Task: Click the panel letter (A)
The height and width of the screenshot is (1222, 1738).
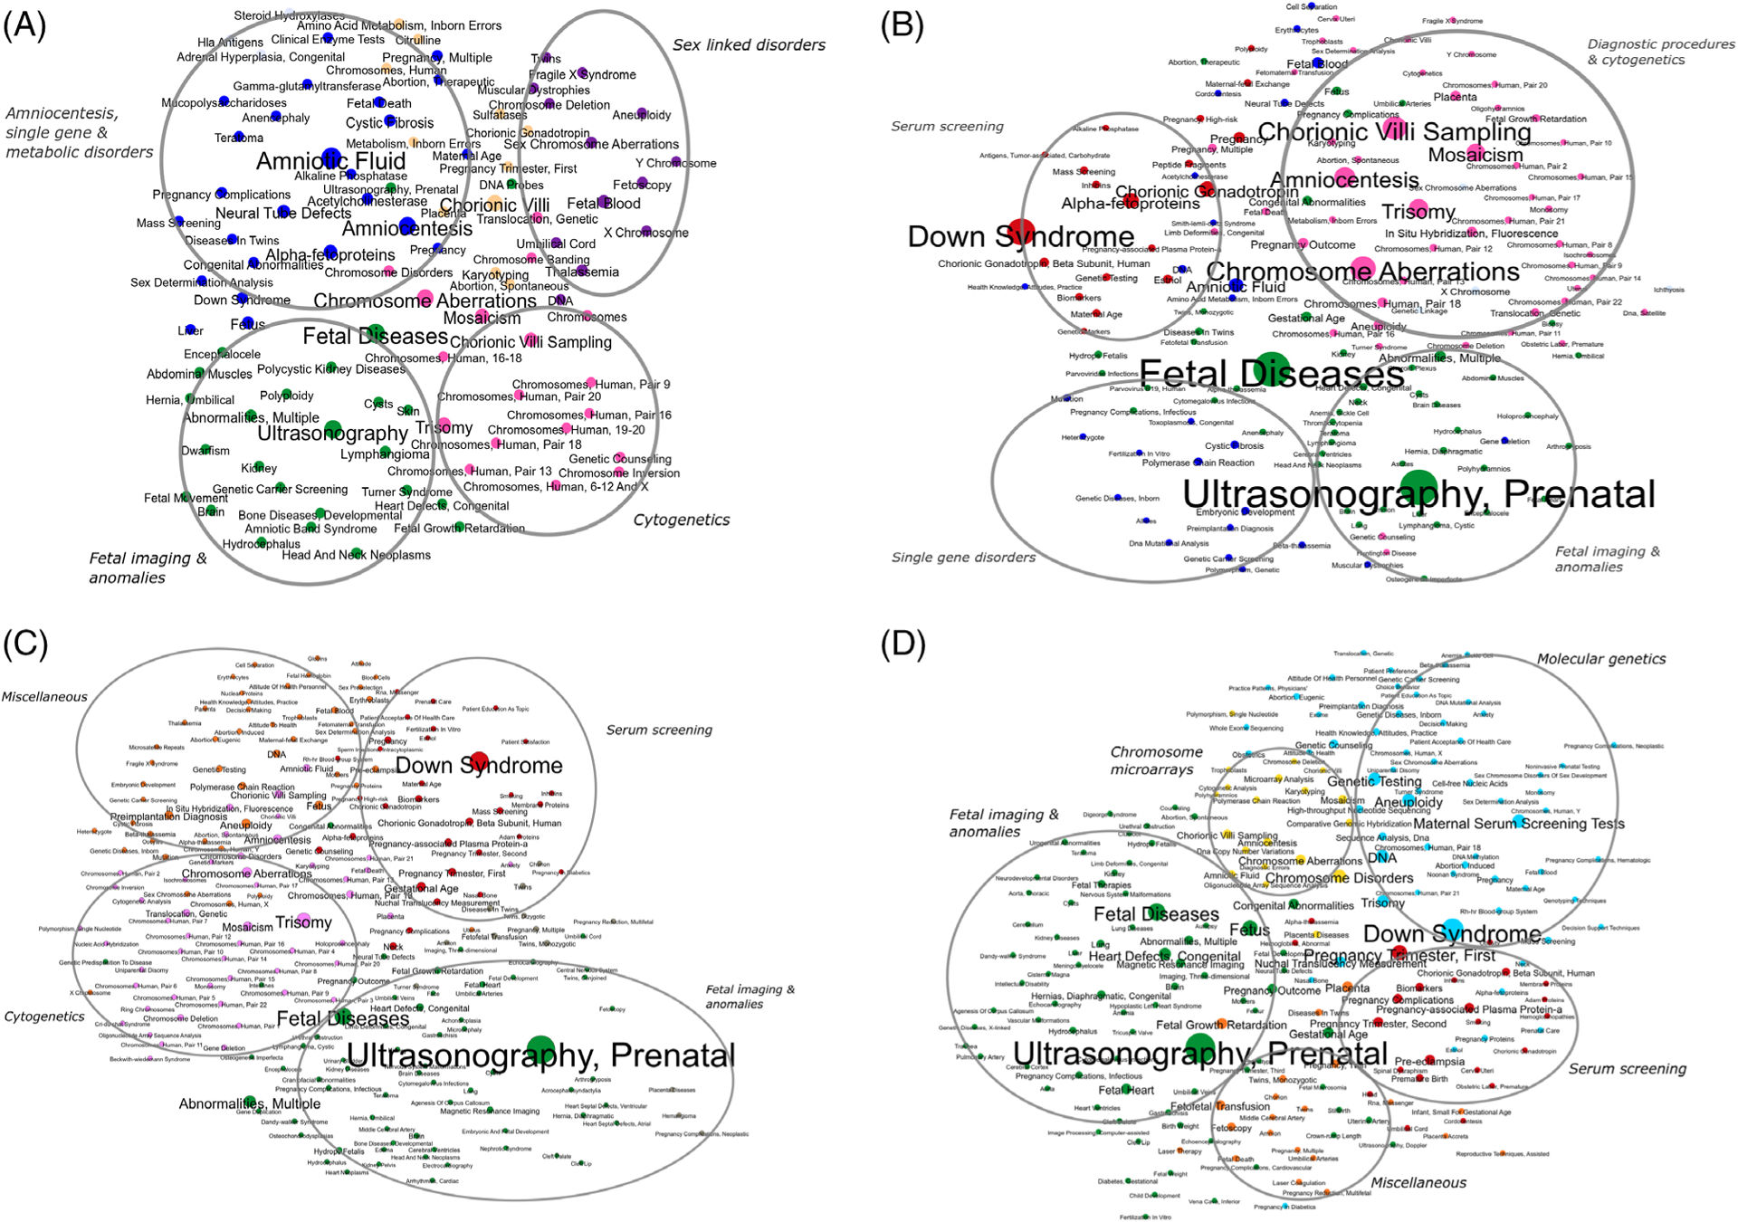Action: click(24, 26)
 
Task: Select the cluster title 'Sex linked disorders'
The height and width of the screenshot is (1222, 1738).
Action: click(749, 45)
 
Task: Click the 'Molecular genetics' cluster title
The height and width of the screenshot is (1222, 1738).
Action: click(1600, 659)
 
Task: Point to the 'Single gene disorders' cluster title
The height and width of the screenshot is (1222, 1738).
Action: click(963, 558)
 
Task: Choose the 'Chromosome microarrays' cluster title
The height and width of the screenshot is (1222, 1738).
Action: click(1156, 760)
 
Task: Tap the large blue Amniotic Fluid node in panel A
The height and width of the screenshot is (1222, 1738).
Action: click(331, 157)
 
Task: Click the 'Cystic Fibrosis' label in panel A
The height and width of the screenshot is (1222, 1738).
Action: click(389, 123)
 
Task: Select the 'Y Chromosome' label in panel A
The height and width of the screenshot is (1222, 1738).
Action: click(675, 163)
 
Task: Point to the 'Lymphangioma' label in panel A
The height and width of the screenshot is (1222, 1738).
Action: click(385, 453)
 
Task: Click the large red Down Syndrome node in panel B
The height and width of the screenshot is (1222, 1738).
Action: click(1021, 232)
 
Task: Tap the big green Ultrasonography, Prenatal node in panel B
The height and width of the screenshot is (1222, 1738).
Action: click(1418, 487)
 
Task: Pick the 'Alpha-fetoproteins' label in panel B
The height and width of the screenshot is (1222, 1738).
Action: click(1130, 204)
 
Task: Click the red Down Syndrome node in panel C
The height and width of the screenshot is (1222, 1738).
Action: click(479, 762)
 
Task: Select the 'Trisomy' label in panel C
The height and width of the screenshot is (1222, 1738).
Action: click(304, 922)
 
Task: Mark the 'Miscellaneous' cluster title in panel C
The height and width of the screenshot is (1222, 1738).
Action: click(43, 697)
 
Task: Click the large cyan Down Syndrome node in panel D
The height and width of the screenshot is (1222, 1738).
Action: click(1452, 930)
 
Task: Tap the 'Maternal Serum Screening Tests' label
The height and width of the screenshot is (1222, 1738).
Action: click(1518, 824)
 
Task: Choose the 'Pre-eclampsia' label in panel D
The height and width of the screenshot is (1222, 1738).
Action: click(1428, 1062)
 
